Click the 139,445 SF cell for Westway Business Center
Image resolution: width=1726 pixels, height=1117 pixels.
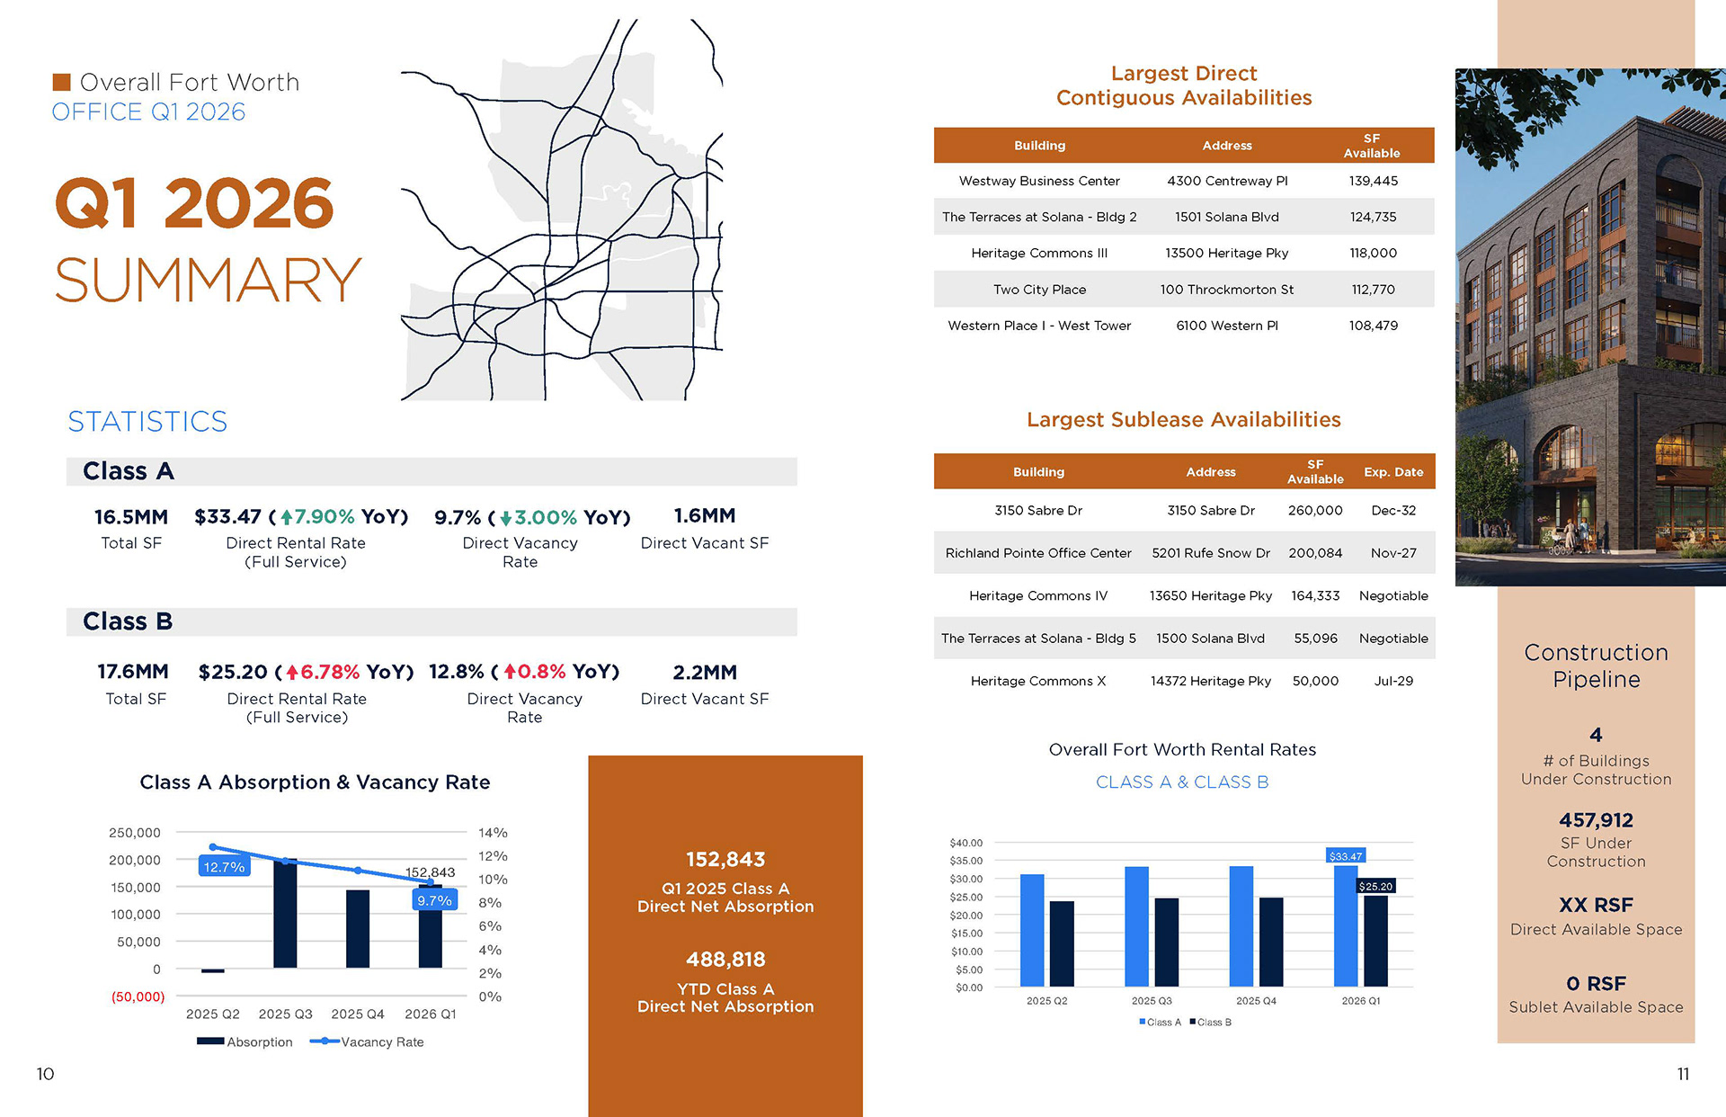(1373, 181)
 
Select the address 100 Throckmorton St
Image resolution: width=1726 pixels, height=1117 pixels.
(1226, 290)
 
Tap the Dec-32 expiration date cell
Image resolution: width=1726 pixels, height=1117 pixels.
(1393, 510)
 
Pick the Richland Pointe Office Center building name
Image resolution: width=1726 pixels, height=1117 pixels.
(1038, 553)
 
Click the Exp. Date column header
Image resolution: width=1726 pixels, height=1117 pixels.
(1393, 472)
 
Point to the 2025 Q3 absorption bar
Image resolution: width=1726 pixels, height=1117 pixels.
(285, 913)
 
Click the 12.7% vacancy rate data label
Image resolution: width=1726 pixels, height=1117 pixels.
(224, 867)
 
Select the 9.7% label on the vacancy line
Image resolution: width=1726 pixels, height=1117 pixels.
(434, 900)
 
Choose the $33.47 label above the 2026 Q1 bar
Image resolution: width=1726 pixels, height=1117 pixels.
(1346, 856)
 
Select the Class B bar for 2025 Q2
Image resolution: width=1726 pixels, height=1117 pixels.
(1062, 943)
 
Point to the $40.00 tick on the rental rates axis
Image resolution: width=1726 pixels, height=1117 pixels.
(966, 843)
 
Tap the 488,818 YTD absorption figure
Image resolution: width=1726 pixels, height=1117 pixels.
(725, 960)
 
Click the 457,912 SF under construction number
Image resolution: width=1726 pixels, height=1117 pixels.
(1596, 820)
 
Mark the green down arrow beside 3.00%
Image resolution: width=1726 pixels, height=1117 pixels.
(506, 518)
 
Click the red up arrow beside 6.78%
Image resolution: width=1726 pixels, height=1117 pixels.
(291, 673)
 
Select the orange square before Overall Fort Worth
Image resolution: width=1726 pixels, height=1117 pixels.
(61, 82)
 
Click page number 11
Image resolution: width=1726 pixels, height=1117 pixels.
(1683, 1074)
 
